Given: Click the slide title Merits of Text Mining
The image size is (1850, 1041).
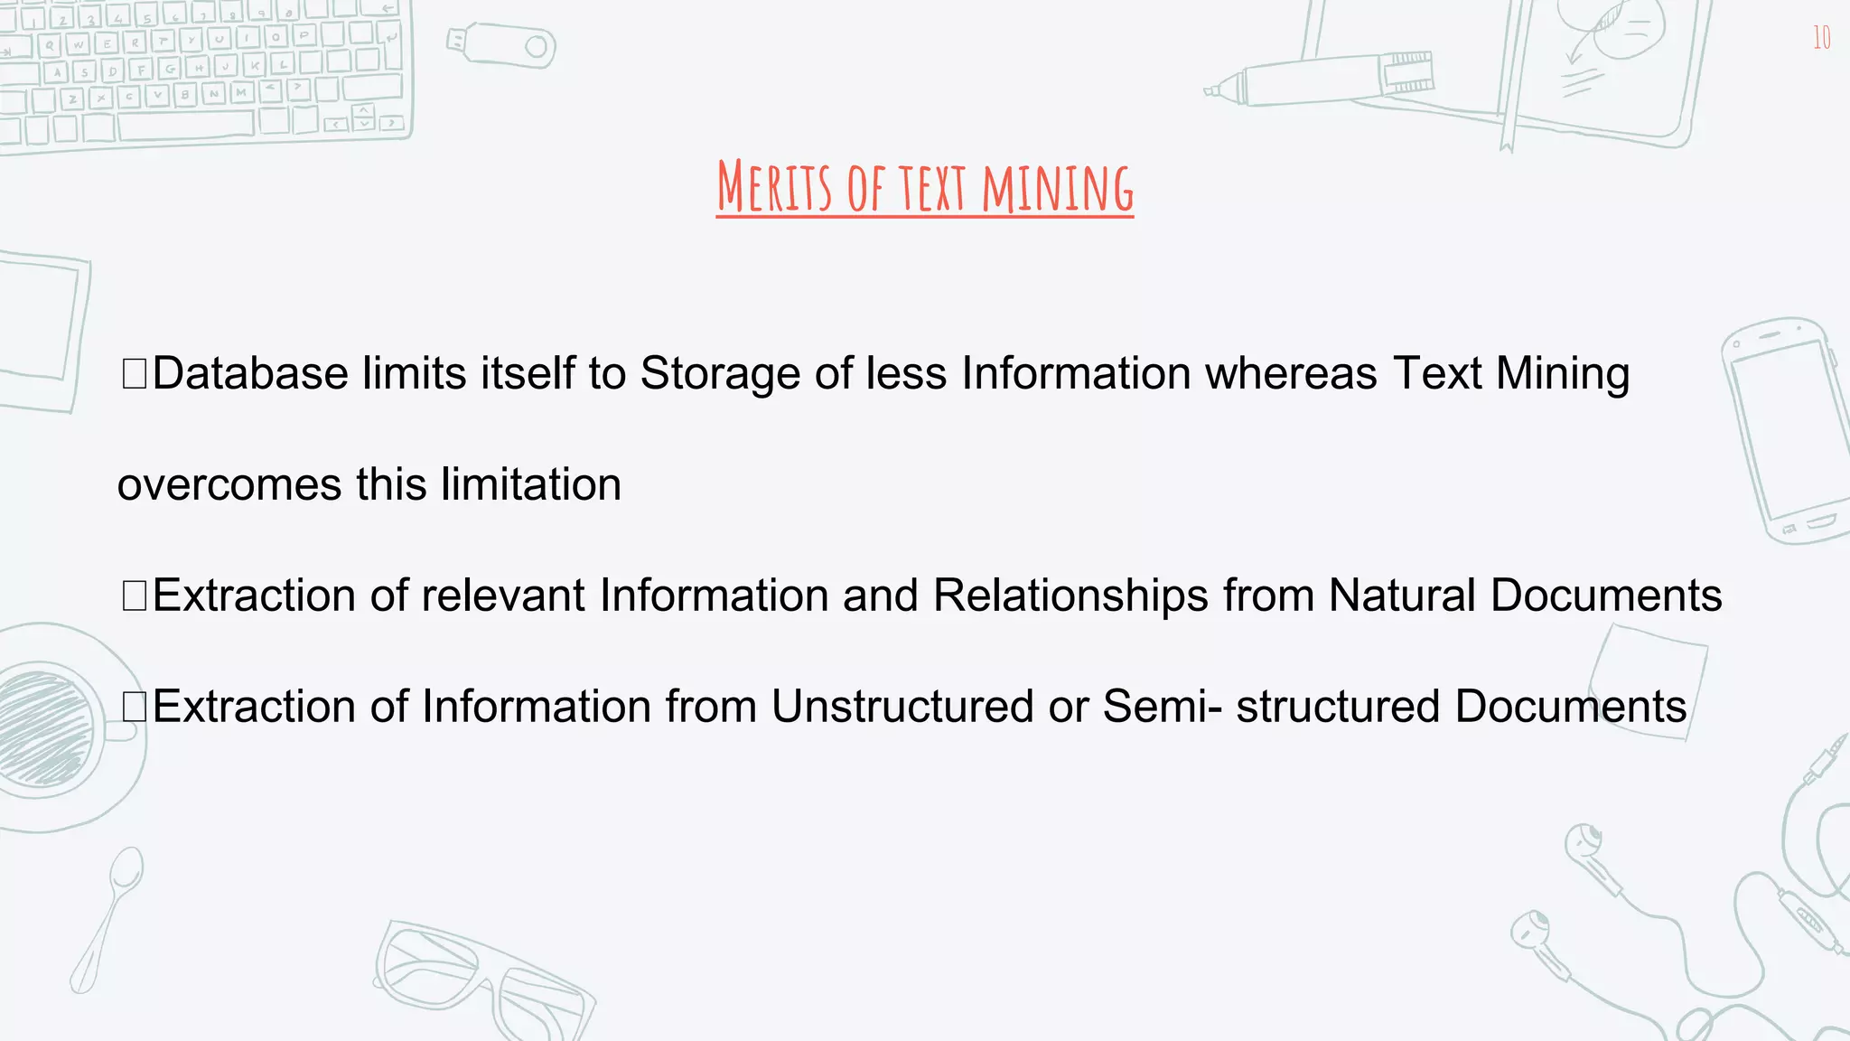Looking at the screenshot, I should [924, 187].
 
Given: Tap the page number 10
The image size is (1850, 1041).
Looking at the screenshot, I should [1821, 38].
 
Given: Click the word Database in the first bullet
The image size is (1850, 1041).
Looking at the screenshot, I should [250, 373].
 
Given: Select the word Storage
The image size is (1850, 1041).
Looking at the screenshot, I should [720, 373].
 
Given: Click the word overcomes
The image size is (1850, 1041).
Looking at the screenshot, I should [229, 485].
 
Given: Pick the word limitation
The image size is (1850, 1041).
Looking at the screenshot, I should [531, 484].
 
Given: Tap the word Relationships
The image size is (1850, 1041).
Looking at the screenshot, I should [1070, 596].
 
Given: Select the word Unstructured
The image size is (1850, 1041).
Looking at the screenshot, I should [902, 706].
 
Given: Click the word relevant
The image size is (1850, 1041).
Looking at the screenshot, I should [502, 596].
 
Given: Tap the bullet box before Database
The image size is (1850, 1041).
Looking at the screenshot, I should [134, 374].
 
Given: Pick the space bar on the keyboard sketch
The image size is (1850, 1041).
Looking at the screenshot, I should [185, 126].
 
